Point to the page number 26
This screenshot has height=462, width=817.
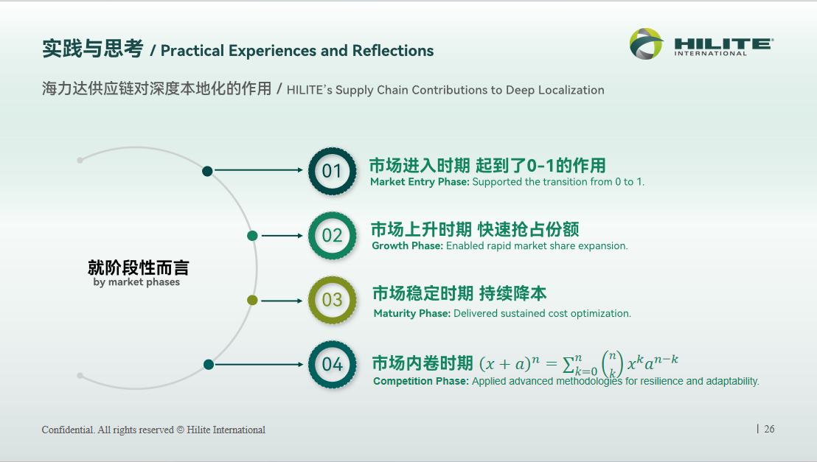pos(769,429)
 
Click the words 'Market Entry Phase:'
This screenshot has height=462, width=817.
pos(420,182)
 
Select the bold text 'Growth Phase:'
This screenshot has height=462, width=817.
pos(408,246)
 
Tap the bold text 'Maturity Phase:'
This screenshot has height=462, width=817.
pos(412,314)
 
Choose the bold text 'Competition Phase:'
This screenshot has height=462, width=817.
pos(421,381)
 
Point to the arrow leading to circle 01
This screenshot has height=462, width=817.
pos(258,169)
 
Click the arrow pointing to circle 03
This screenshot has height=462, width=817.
pos(282,301)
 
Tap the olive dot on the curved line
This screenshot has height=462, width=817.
pos(252,300)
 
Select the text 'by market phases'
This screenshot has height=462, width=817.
pos(136,282)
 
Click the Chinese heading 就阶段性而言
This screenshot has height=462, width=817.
pos(138,267)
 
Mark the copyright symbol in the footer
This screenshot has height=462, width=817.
pos(180,430)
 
